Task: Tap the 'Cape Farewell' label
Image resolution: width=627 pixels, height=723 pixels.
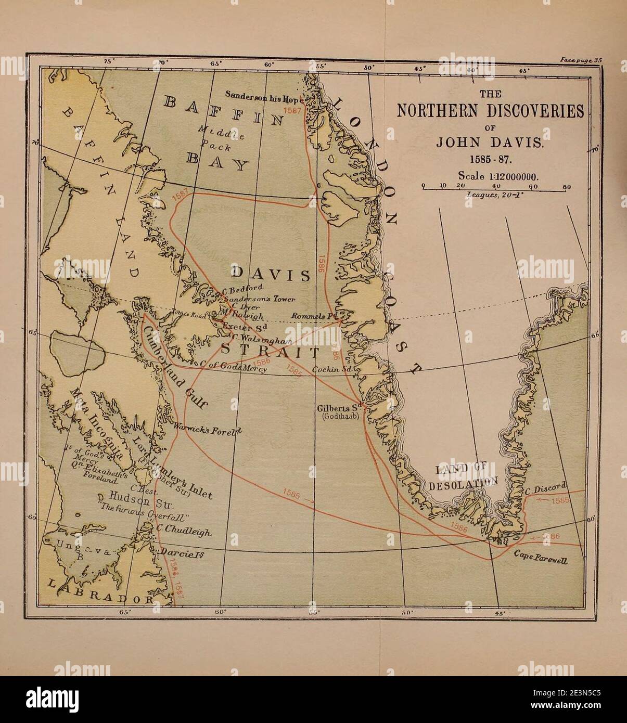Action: [541, 558]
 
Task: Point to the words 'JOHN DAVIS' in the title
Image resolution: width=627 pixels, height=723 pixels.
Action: [490, 143]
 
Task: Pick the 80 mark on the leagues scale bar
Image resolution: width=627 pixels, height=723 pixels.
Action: [567, 186]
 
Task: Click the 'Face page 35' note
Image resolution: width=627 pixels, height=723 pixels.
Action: [581, 60]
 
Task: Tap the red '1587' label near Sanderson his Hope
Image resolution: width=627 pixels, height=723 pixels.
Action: [292, 111]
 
